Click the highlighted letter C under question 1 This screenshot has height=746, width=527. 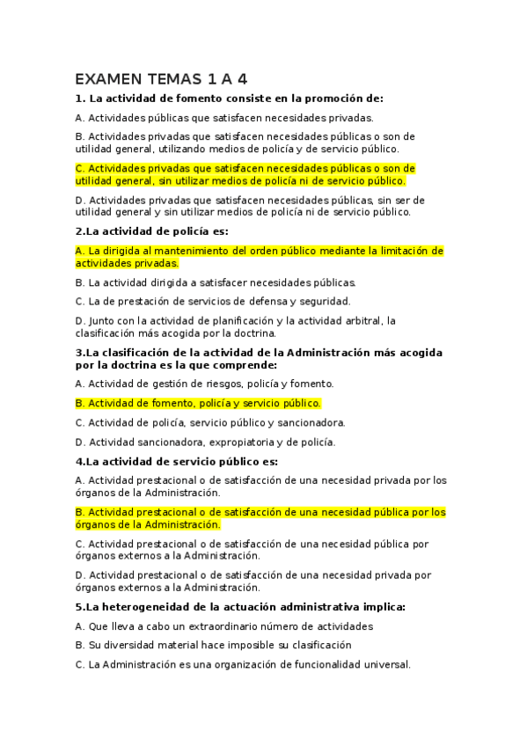(x=80, y=168)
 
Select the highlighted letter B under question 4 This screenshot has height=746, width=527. (x=80, y=512)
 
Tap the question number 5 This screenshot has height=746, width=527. (x=79, y=607)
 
